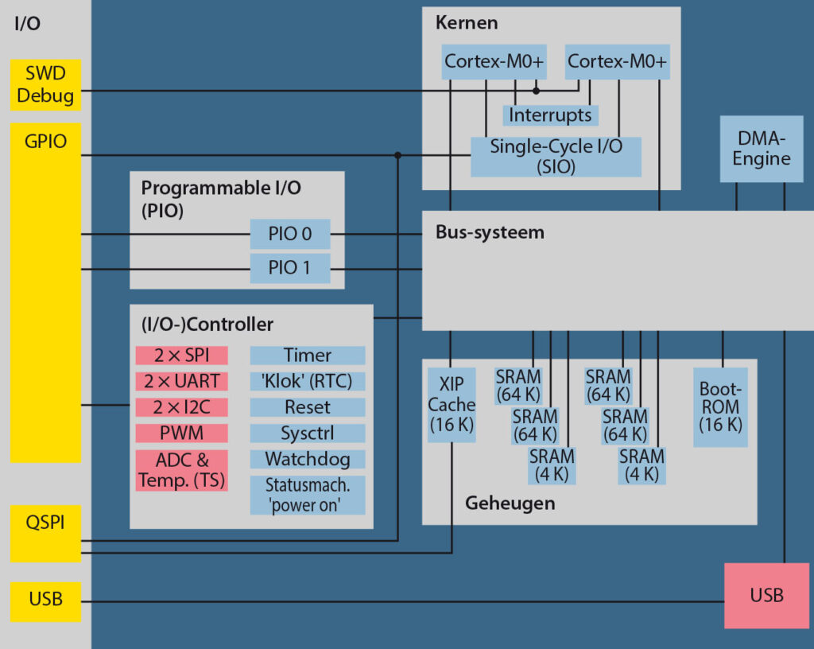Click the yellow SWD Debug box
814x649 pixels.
click(45, 85)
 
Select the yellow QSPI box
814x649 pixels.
click(45, 533)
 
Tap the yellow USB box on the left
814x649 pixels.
click(45, 601)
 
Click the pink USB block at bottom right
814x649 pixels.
click(766, 596)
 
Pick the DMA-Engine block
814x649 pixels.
click(761, 149)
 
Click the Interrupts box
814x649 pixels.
click(550, 115)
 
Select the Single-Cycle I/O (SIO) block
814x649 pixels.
click(556, 157)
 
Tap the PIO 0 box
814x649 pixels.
click(289, 235)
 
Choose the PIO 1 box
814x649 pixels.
click(289, 268)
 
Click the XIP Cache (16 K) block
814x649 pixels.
click(452, 404)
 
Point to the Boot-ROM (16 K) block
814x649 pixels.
click(720, 407)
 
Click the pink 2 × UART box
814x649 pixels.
click(181, 381)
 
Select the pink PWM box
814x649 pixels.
click(181, 433)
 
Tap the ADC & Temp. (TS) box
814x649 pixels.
click(181, 470)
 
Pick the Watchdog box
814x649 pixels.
click(308, 459)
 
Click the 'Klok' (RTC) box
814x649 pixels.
click(308, 381)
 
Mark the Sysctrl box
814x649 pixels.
click(308, 433)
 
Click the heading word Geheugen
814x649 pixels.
click(510, 503)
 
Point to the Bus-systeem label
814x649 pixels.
click(490, 232)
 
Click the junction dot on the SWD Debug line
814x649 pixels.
click(536, 91)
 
